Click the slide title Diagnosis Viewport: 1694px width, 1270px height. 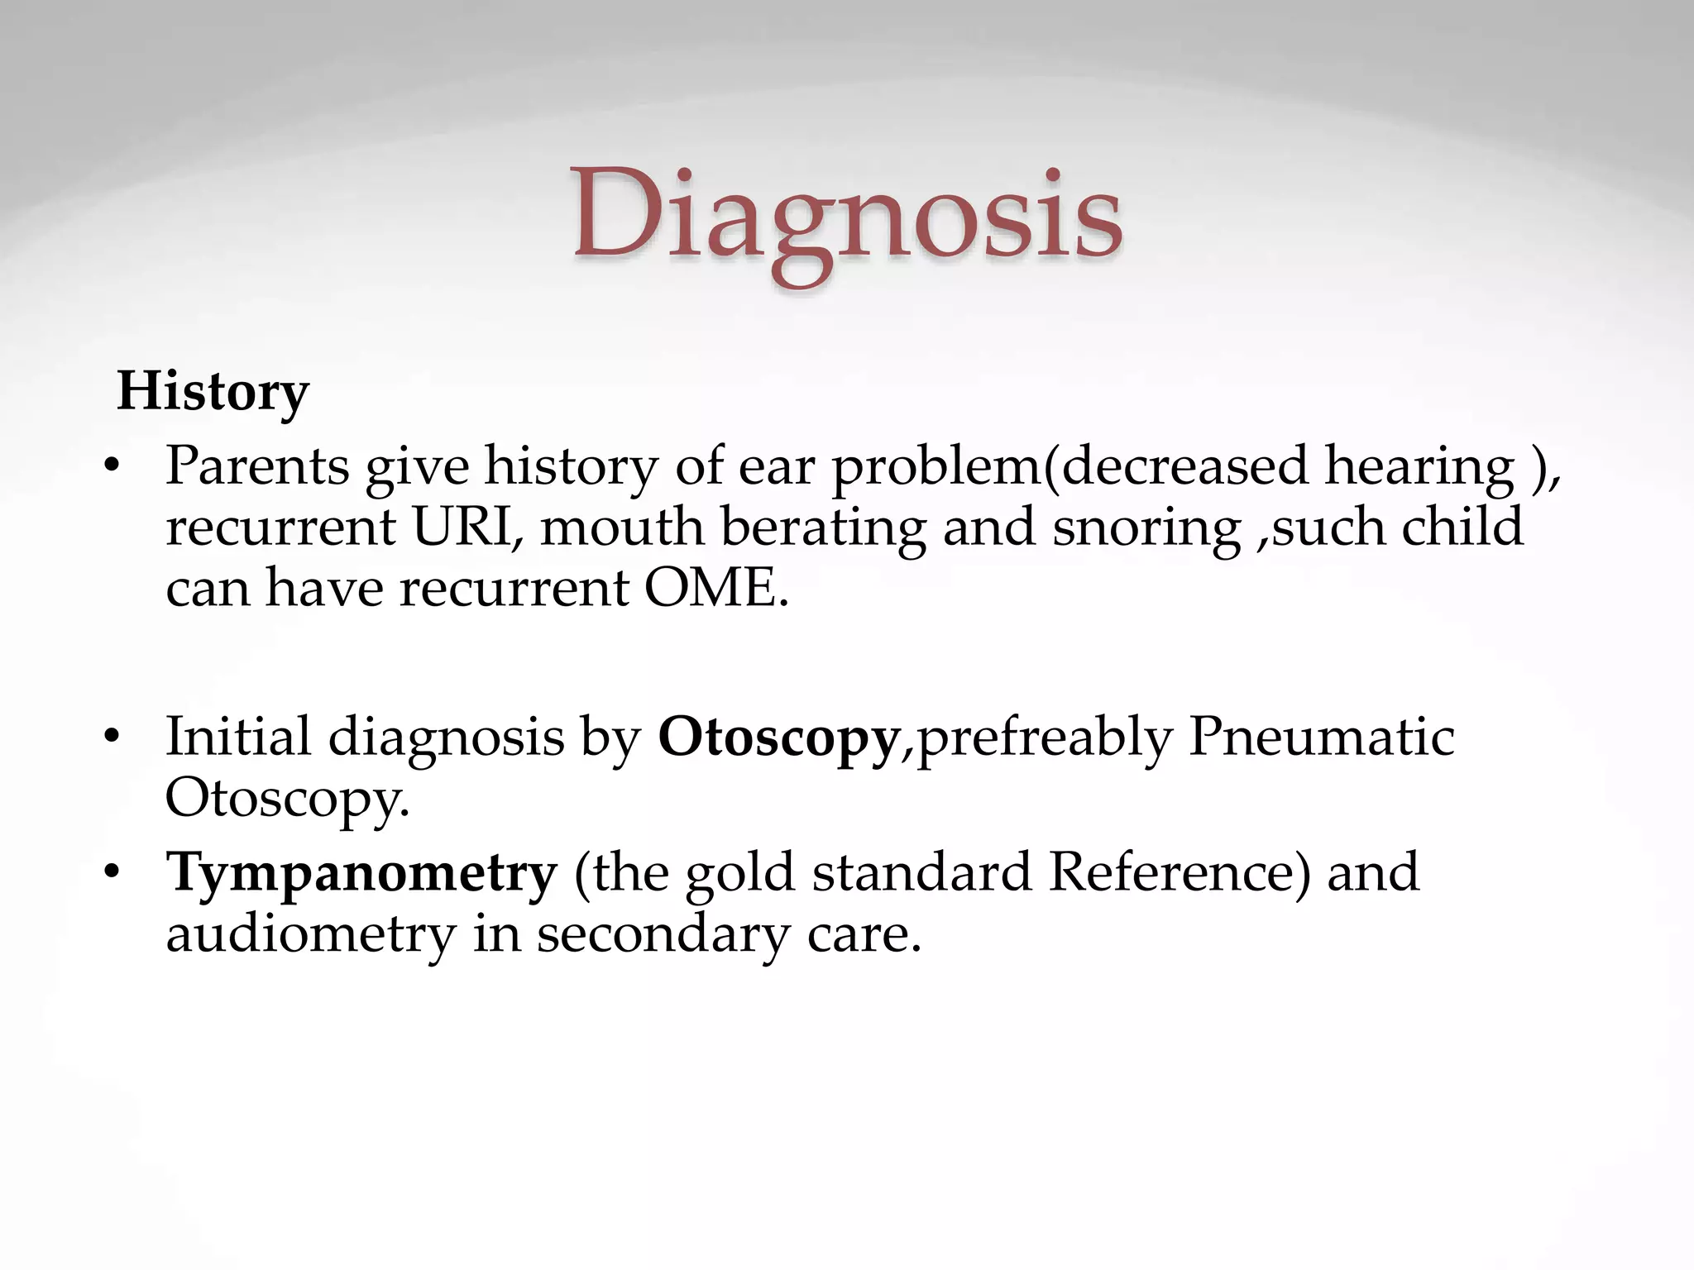coord(847,217)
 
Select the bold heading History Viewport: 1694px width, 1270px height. coord(213,391)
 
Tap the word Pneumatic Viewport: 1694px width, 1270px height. coord(1321,736)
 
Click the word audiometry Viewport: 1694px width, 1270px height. coord(311,934)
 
